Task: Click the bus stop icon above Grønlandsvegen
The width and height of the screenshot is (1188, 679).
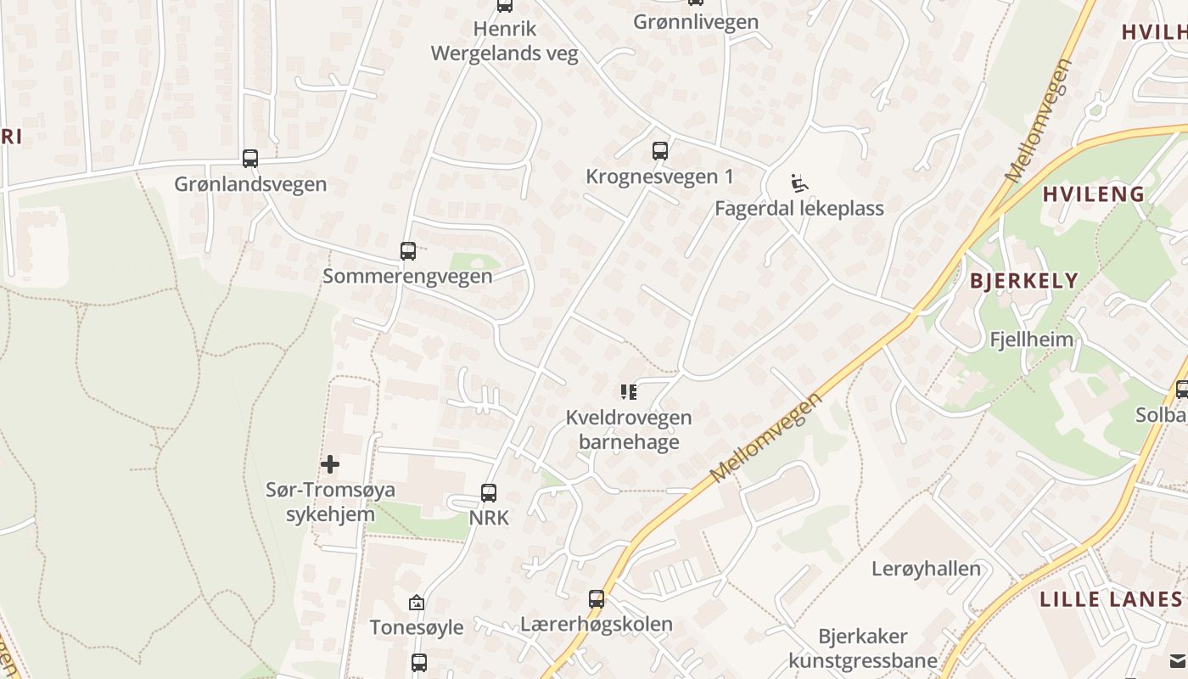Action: pos(249,158)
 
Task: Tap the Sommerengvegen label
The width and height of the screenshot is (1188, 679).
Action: pos(407,277)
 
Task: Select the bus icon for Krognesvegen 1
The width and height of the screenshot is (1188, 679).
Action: pos(660,151)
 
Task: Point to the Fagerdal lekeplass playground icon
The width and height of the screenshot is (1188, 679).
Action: pos(799,182)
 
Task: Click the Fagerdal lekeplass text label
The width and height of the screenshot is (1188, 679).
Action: pos(799,209)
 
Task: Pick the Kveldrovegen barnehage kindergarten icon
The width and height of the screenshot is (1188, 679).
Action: pos(629,391)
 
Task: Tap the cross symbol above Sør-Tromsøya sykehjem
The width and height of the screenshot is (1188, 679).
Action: pos(330,464)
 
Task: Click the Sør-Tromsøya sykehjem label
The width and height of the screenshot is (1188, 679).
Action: pos(330,502)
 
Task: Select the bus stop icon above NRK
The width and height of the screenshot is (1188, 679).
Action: pos(489,492)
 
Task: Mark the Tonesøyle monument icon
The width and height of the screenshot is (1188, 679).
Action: pos(417,603)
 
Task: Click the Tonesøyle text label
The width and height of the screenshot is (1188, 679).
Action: pos(417,628)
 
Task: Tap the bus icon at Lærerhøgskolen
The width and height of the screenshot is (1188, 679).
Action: pos(597,598)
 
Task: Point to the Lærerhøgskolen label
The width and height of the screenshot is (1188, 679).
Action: pos(597,625)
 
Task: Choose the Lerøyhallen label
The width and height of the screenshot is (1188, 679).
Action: pos(926,569)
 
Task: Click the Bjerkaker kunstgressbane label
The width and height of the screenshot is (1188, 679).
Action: pos(863,648)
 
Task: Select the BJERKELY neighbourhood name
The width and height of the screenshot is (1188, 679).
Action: pos(1023,281)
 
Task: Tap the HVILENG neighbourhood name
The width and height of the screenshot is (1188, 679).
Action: pos(1093,194)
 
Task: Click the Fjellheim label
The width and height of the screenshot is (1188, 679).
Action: pos(1031,339)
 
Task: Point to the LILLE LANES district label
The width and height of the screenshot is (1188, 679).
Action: pos(1112,599)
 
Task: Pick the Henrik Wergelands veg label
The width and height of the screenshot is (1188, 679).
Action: pos(505,42)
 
